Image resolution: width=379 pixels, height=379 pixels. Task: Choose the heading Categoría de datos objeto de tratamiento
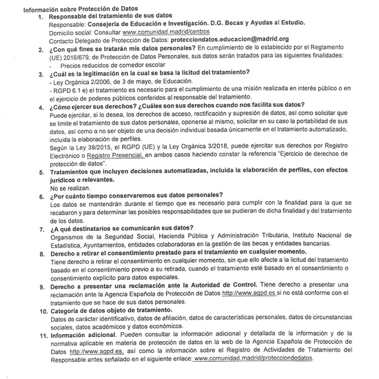tap(116, 310)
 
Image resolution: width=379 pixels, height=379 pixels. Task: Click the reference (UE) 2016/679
tap(72, 57)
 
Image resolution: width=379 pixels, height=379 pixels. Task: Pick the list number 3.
tap(41, 73)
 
